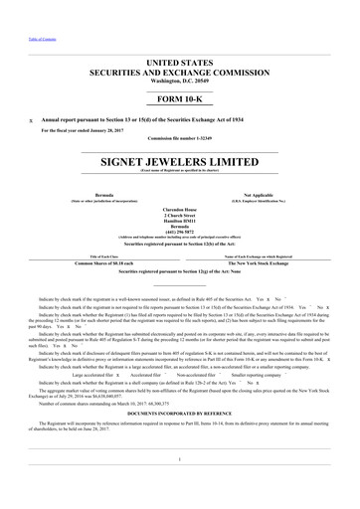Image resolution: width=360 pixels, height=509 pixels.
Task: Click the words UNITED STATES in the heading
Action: [180, 63]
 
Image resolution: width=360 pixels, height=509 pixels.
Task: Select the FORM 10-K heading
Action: [180, 100]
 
